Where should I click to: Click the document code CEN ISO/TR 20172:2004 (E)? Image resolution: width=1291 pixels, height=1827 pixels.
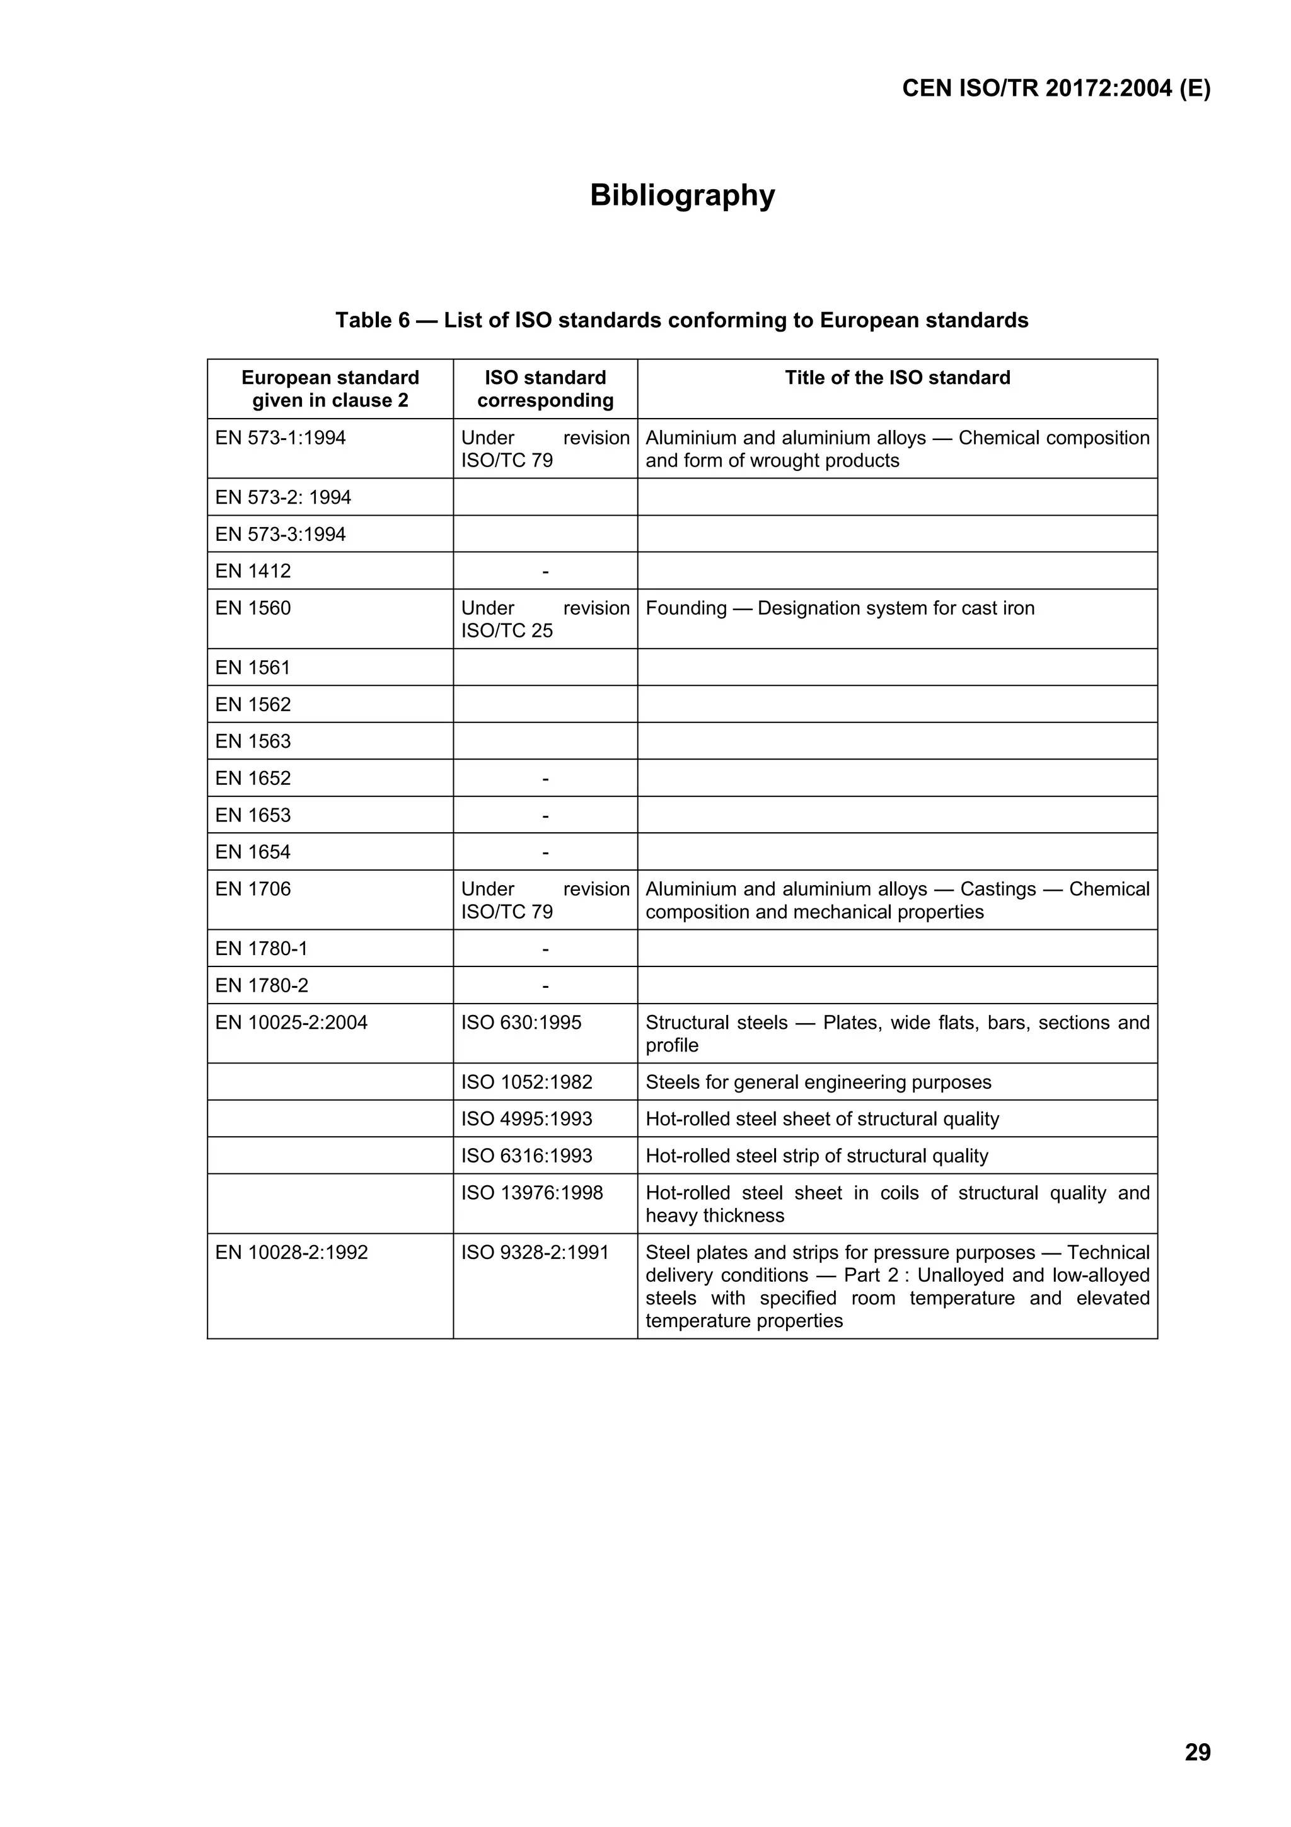coord(1055,88)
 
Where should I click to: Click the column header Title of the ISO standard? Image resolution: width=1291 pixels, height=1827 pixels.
coord(896,378)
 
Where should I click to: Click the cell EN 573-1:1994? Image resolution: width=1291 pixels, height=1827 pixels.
coord(281,438)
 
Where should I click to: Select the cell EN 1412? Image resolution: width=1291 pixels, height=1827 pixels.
coord(253,571)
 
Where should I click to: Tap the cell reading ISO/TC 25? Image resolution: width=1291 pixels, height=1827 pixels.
coord(507,630)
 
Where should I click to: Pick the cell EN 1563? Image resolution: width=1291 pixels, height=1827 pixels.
coord(253,741)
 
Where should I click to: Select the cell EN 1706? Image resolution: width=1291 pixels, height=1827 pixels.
coord(253,889)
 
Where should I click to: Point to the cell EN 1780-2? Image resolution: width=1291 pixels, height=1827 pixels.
coord(262,985)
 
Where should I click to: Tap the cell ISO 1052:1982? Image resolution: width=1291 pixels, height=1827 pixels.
coord(526,1082)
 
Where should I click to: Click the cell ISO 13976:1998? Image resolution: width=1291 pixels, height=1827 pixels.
coord(531,1193)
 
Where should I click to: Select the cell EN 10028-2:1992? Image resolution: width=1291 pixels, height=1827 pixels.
coord(291,1253)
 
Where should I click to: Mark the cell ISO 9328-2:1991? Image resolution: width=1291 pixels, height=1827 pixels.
coord(535,1253)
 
